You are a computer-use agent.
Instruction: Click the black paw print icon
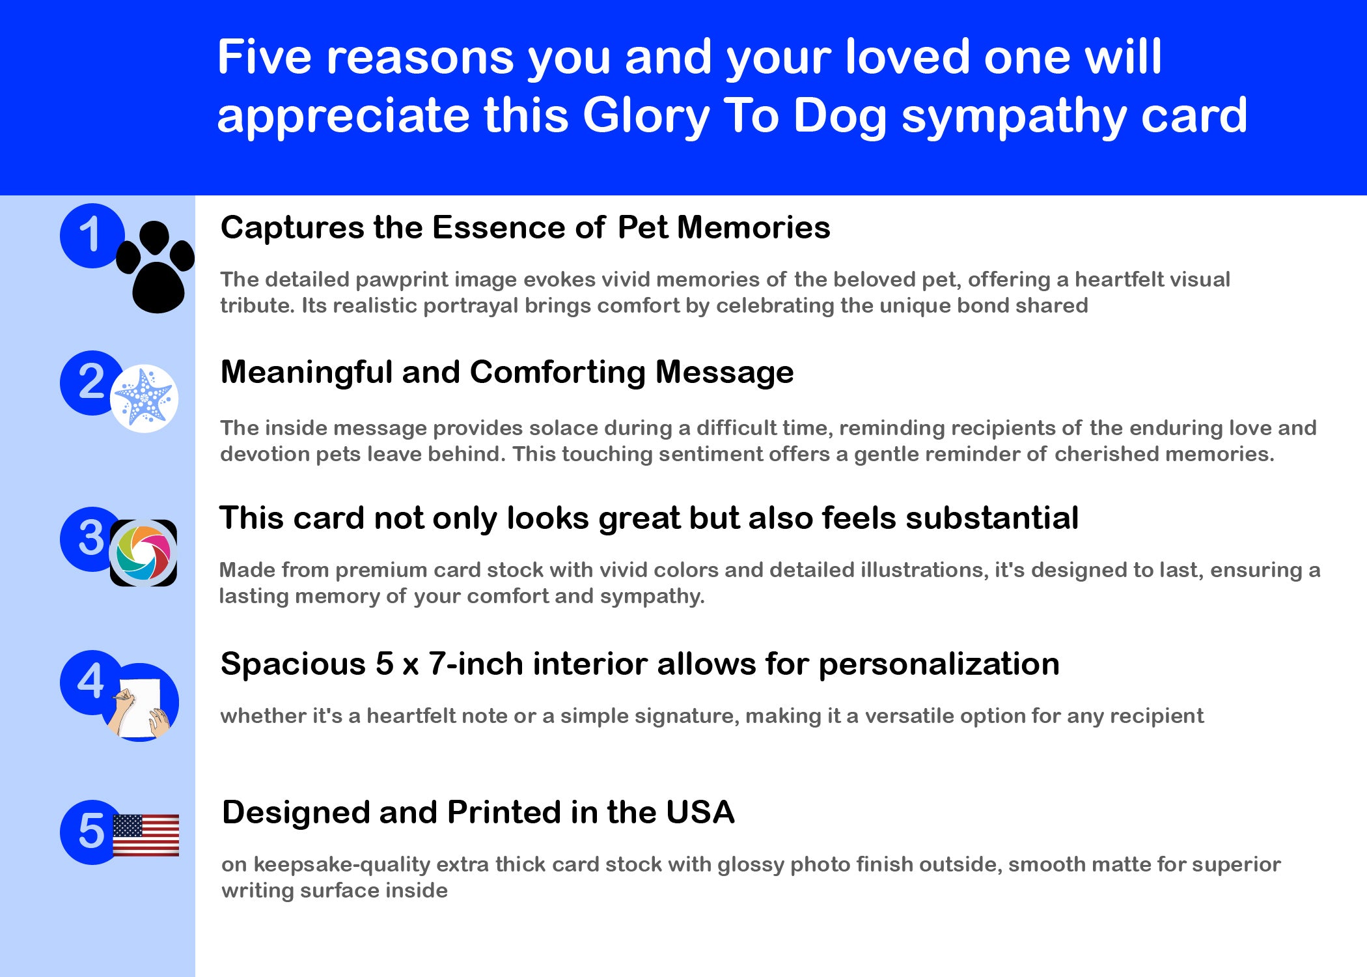156,267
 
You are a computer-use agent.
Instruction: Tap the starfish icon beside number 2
144,398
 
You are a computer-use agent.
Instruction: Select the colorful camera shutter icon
143,553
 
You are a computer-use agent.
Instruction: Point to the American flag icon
146,835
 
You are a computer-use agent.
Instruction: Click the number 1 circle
92,236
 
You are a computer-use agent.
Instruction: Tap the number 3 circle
92,539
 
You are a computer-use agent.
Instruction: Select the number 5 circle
92,832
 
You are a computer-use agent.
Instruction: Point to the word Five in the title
264,57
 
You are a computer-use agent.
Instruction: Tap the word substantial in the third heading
992,518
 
